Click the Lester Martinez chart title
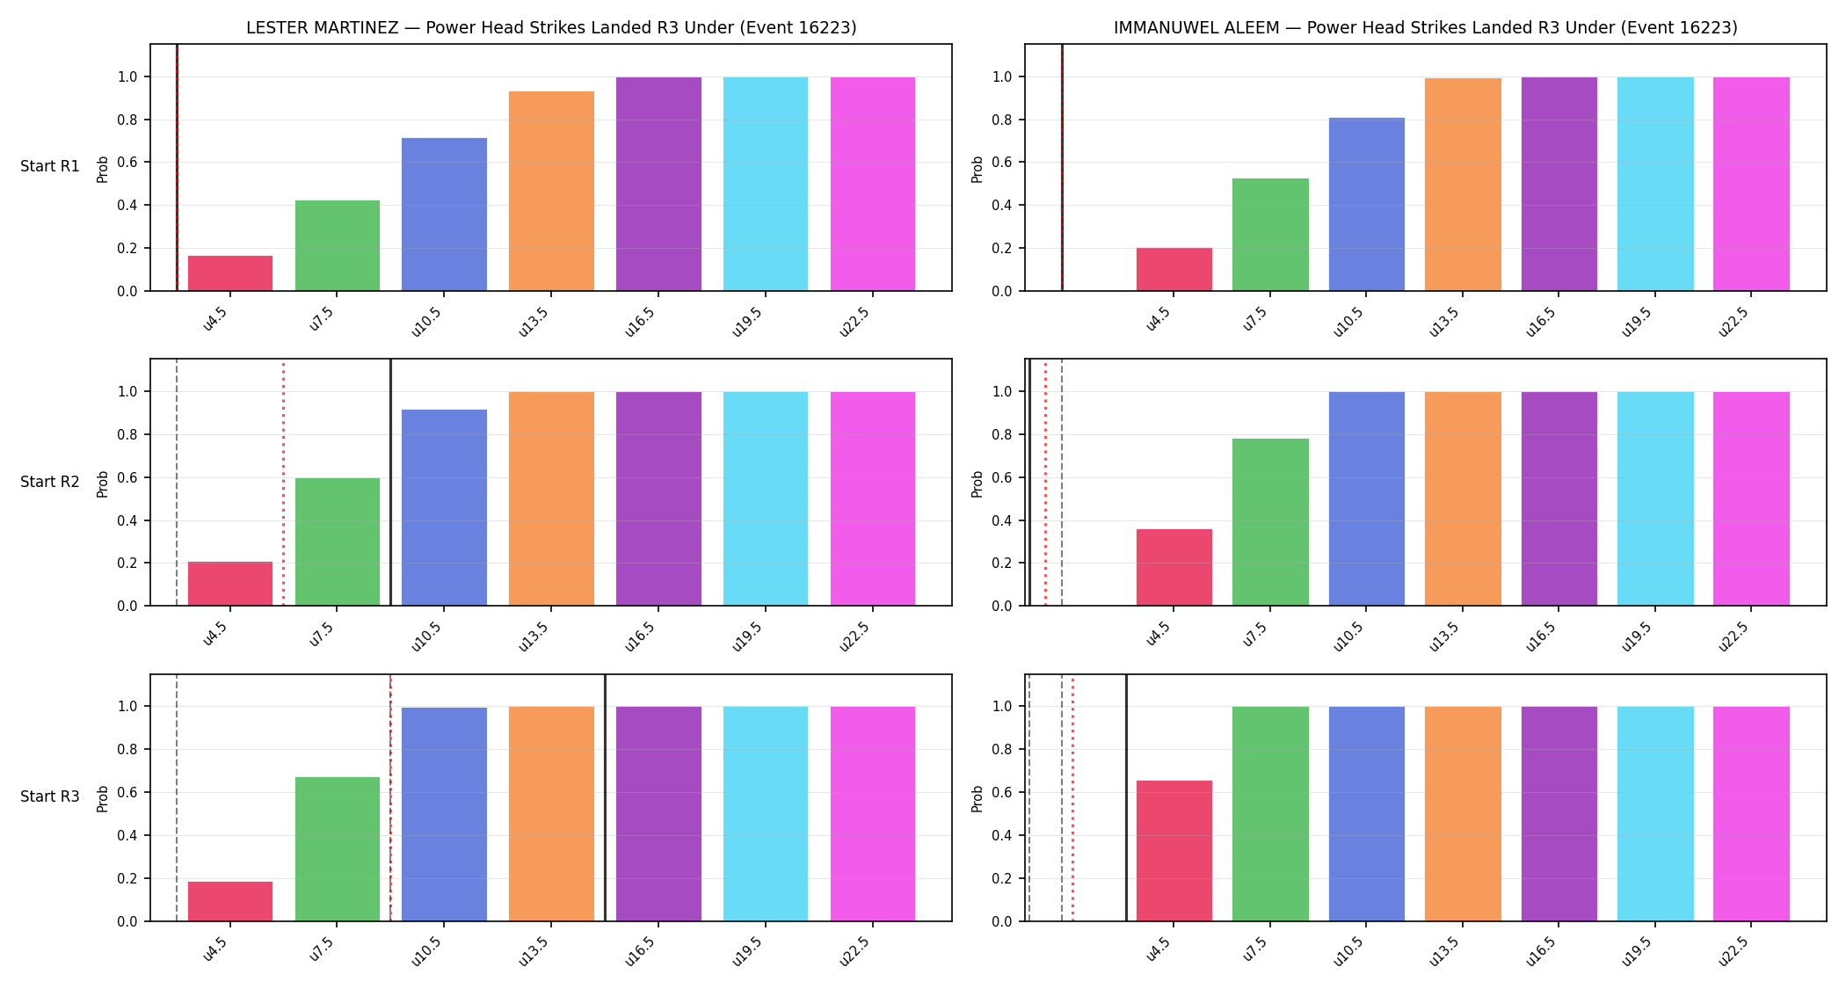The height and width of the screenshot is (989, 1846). pyautogui.click(x=551, y=27)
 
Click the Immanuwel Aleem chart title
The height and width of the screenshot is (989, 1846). pyautogui.click(x=1425, y=27)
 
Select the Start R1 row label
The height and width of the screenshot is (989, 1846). pyautogui.click(x=50, y=166)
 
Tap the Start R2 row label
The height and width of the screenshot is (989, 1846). pyautogui.click(x=50, y=482)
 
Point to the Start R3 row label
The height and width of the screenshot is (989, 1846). pyautogui.click(x=50, y=796)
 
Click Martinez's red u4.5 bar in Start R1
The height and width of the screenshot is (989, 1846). pyautogui.click(x=230, y=273)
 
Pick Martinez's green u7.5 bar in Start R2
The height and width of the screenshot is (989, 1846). pyautogui.click(x=338, y=542)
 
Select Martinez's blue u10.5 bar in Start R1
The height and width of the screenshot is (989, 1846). pyautogui.click(x=444, y=215)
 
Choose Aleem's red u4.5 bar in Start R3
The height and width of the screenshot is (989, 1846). pyautogui.click(x=1174, y=851)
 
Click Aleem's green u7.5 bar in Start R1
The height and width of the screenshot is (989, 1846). pyautogui.click(x=1270, y=235)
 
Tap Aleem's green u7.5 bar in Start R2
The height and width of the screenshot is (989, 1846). pyautogui.click(x=1270, y=522)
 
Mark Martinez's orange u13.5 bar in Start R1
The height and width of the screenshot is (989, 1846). pyautogui.click(x=551, y=191)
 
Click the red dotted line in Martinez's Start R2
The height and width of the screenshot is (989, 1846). pyautogui.click(x=283, y=483)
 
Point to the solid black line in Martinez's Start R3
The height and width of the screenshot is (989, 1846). pyautogui.click(x=605, y=798)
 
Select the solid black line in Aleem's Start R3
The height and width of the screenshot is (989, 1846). pyautogui.click(x=1126, y=798)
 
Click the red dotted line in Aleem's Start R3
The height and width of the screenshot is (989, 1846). pyautogui.click(x=1072, y=798)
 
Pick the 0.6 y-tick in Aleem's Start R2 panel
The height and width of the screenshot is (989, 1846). pyautogui.click(x=1003, y=477)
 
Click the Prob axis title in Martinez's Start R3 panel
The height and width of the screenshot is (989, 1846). pyautogui.click(x=103, y=798)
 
